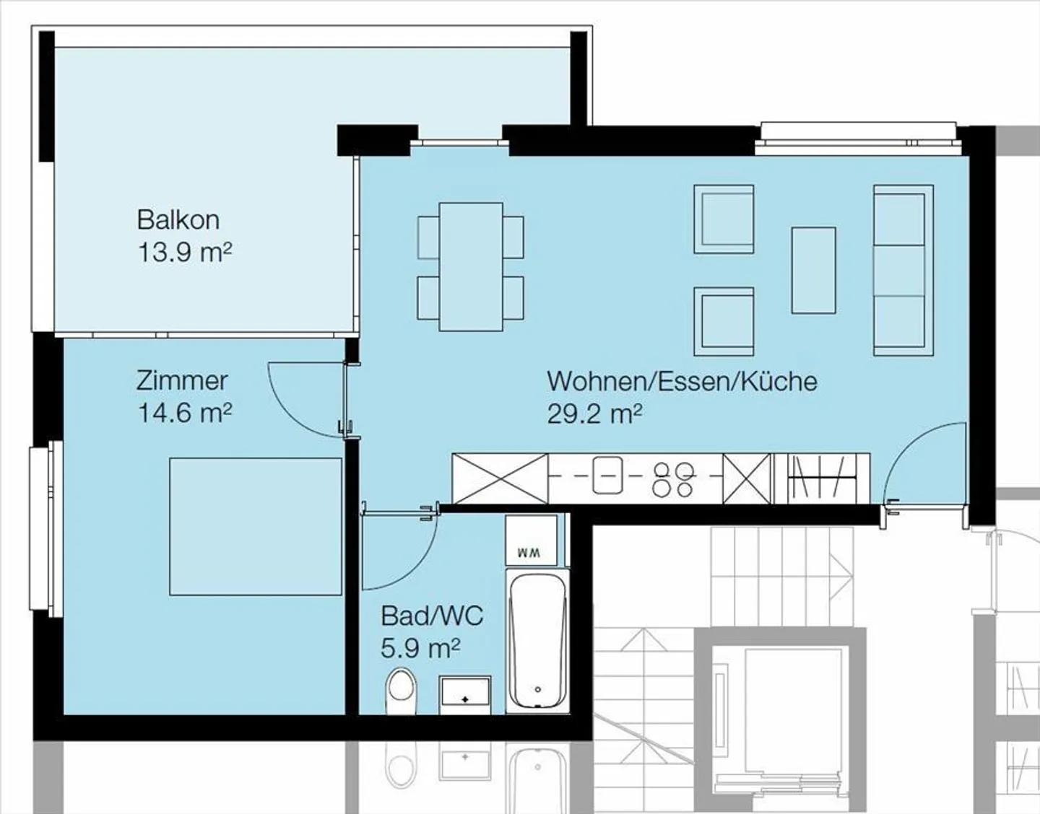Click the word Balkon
pos(178,220)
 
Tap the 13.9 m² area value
pos(185,253)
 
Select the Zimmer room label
pos(182,381)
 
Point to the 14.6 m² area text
pos(185,413)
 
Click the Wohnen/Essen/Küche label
pos(682,382)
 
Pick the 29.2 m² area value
pos(594,413)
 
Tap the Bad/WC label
pos(432,616)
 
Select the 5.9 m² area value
pos(420,649)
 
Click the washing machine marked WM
pos(532,540)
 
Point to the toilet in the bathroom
pos(401,691)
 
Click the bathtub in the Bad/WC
pos(537,641)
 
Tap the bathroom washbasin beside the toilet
pos(465,695)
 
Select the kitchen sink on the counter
pos(607,475)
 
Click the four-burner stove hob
pos(672,479)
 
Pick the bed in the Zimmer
pos(256,527)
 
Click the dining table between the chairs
pos(471,267)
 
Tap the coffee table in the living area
pos(814,271)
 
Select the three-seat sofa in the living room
pos(903,271)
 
